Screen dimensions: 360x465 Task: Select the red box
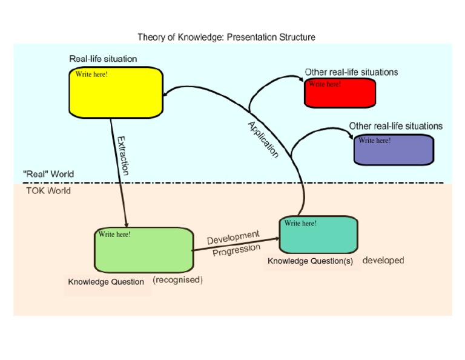[340, 94]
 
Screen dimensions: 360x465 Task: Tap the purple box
[394, 150]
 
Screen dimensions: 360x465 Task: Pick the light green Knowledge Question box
[143, 250]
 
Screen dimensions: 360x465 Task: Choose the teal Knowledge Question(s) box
[318, 236]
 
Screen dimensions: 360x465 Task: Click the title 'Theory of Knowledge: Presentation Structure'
[226, 37]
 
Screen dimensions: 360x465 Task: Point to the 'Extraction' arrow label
[123, 156]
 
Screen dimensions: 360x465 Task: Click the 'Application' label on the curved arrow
[263, 140]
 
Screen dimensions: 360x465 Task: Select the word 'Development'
[233, 237]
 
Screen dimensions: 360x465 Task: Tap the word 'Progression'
[236, 250]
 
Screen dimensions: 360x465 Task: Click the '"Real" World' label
[48, 175]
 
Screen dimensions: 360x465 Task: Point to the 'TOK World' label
[48, 190]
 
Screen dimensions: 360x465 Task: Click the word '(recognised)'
[177, 280]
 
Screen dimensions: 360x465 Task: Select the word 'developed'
[383, 261]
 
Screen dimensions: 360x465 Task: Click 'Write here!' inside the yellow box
[91, 75]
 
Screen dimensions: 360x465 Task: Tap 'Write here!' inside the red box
[325, 84]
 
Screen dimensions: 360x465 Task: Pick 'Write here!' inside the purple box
[374, 141]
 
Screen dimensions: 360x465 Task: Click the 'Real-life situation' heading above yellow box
[103, 59]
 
